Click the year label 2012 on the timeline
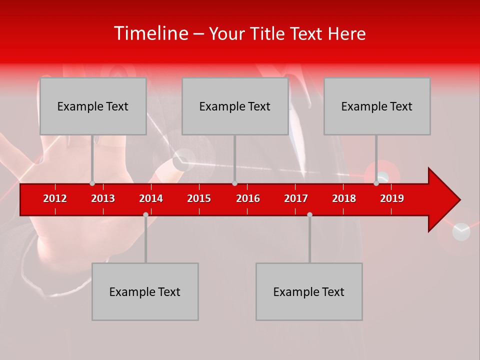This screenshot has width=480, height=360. point(55,198)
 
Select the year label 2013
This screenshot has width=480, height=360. point(103,198)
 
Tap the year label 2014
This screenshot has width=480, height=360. point(151,198)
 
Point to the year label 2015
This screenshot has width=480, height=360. point(199,198)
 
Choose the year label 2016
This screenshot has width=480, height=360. point(248,198)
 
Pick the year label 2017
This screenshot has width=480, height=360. point(296,198)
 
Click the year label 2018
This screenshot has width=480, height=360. point(344,198)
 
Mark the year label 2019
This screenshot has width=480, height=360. point(392,198)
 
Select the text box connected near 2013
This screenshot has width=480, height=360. point(93,106)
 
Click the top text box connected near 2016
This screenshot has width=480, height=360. point(235,106)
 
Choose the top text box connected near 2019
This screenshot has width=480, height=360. point(377,106)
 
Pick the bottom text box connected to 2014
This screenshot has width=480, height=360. point(145,291)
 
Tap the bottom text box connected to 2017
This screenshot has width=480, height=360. point(309,291)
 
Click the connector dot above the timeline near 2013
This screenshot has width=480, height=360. point(92,183)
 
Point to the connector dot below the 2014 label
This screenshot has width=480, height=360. point(145,214)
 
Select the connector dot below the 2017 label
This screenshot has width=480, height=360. point(309,214)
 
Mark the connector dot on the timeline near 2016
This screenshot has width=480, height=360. point(234,183)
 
